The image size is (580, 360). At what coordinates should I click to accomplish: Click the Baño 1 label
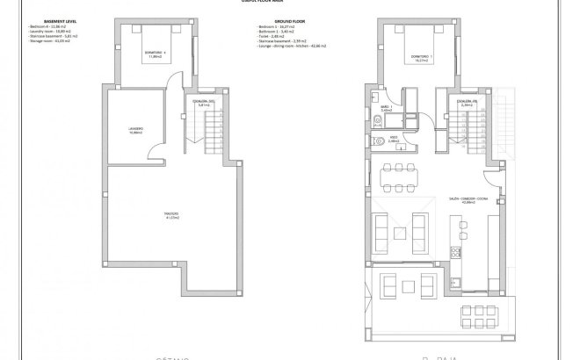click(x=386, y=110)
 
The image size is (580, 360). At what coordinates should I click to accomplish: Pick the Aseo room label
click(x=395, y=139)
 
